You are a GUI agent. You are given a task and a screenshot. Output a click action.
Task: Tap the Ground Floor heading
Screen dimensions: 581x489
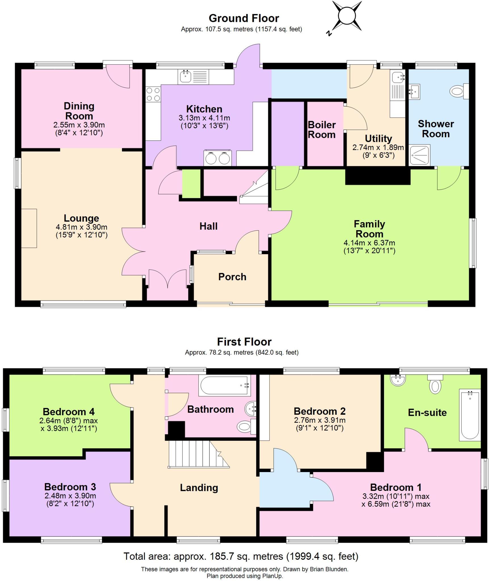[x=244, y=18]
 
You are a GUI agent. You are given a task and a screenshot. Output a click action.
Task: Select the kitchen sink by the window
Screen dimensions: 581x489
[x=185, y=76]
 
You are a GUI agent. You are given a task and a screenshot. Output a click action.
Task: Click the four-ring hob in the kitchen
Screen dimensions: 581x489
[x=153, y=94]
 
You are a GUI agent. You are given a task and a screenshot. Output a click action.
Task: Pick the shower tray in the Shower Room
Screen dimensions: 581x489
[x=419, y=155]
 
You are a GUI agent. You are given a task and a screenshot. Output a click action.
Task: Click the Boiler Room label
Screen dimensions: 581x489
[x=322, y=130]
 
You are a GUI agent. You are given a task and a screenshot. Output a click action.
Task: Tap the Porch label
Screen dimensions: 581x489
[x=232, y=277]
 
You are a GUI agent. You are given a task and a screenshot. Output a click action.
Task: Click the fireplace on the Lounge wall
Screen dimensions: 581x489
[x=29, y=228]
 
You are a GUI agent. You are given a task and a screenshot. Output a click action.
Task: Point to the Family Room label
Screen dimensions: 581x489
[x=369, y=229]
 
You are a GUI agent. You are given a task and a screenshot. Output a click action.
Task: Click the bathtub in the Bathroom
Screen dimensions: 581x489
[x=224, y=385]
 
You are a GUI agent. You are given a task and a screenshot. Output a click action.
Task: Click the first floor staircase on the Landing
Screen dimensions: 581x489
[x=196, y=454]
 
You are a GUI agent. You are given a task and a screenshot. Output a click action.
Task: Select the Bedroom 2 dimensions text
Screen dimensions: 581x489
[x=320, y=424]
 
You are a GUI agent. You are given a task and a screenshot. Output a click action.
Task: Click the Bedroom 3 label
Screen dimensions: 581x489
[x=70, y=487]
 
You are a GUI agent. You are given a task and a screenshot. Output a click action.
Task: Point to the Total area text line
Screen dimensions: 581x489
[x=241, y=556]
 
